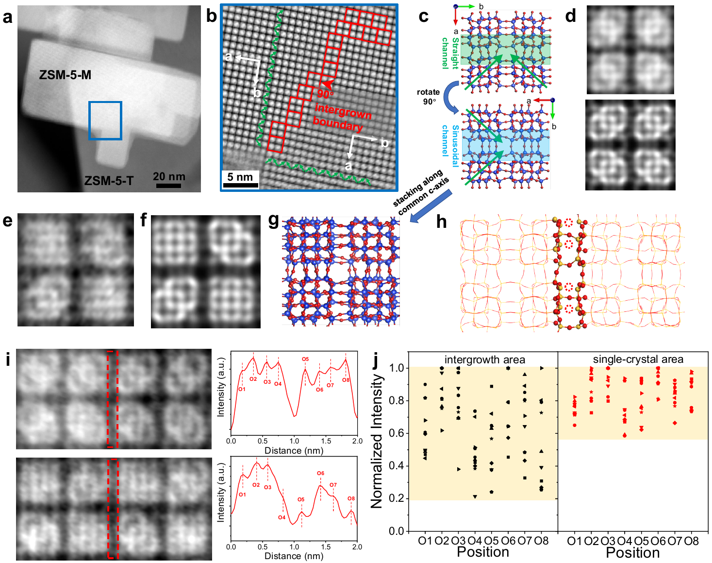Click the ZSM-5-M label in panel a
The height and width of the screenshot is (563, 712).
pyautogui.click(x=65, y=75)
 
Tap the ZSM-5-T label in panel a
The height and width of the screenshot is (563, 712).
pyautogui.click(x=109, y=181)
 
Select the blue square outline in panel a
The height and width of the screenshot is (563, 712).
pyautogui.click(x=105, y=102)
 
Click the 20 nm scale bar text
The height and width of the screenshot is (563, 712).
pyautogui.click(x=169, y=176)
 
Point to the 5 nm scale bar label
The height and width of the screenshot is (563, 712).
pyautogui.click(x=240, y=177)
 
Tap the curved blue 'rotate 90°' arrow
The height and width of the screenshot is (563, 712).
pyautogui.click(x=451, y=97)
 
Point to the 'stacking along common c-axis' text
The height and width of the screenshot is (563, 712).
pyautogui.click(x=421, y=191)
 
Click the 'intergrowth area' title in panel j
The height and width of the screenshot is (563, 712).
pyautogui.click(x=484, y=359)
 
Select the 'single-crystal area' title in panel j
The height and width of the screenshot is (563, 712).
pyautogui.click(x=638, y=359)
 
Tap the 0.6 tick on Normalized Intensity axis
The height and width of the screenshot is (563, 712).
pyautogui.click(x=397, y=433)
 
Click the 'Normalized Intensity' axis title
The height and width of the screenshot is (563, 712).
pyautogui.click(x=377, y=441)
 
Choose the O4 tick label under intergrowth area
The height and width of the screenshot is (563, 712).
pyautogui.click(x=475, y=541)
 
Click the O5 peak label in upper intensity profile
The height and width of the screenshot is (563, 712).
pyautogui.click(x=305, y=359)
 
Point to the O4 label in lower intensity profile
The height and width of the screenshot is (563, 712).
pyautogui.click(x=281, y=517)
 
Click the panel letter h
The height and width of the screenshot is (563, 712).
pyautogui.click(x=441, y=222)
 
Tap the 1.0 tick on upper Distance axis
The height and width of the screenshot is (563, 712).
pyautogui.click(x=294, y=441)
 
